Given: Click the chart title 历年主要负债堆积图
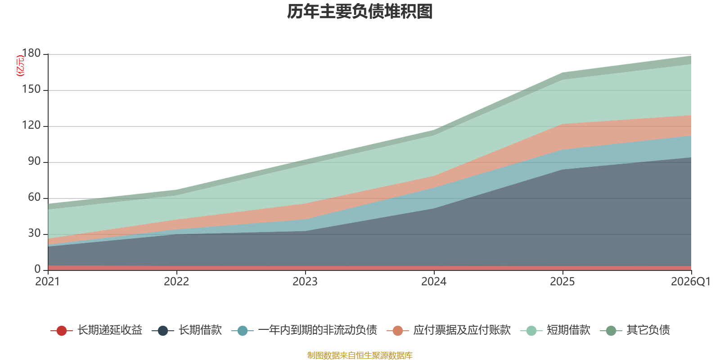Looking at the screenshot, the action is click(x=360, y=12).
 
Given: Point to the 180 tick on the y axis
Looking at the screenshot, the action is click(x=31, y=54).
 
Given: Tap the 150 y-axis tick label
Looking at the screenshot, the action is click(x=31, y=90).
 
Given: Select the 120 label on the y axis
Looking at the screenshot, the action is click(x=31, y=126).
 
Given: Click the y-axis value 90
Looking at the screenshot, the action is click(x=34, y=162).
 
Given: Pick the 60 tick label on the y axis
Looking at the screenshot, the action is click(x=34, y=198).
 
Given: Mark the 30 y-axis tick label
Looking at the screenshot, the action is click(x=34, y=234).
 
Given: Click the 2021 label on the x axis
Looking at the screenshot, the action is click(x=48, y=282).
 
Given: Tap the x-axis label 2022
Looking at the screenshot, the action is click(x=176, y=282).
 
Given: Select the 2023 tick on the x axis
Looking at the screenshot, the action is click(x=305, y=282).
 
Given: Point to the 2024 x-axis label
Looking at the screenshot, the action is click(x=434, y=282).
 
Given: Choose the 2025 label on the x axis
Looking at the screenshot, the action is click(x=562, y=282).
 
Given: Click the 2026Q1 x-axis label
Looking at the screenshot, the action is click(x=691, y=282).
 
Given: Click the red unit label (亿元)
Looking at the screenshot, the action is click(x=20, y=66).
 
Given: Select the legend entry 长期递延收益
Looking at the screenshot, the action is click(x=96, y=330).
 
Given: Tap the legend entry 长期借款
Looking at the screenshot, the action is click(x=187, y=330).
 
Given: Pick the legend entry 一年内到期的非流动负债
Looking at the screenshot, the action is click(x=304, y=330).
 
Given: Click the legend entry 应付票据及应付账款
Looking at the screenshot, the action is click(x=448, y=330).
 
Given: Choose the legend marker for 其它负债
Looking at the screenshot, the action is click(x=611, y=330).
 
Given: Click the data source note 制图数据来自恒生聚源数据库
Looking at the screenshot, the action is click(x=360, y=355).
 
